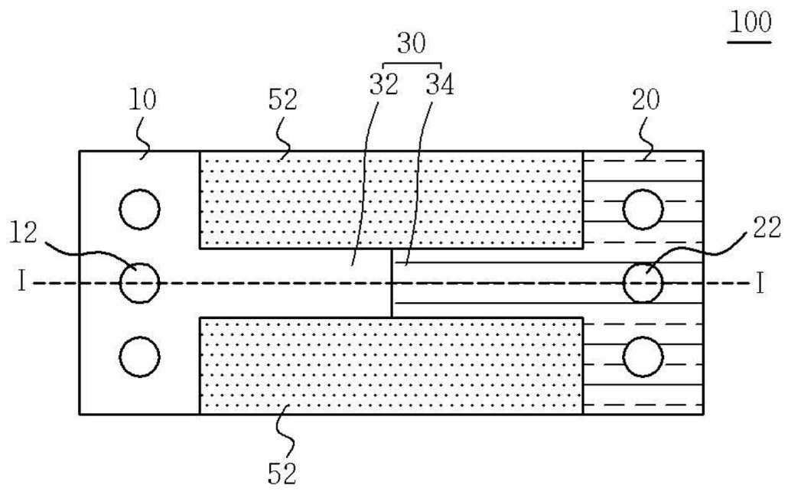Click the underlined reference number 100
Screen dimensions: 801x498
tap(750, 23)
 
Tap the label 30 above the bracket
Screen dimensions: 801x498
tap(412, 44)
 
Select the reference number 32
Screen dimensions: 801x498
tap(383, 84)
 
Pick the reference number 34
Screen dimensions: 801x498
tap(440, 84)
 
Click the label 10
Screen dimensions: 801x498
tap(142, 99)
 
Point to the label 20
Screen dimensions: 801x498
tap(646, 99)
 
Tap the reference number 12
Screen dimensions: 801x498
tap(24, 233)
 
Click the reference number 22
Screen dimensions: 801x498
tap(767, 226)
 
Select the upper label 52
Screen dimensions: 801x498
tap(282, 99)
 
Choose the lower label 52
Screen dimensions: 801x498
tap(282, 474)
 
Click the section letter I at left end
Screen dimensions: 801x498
tap(21, 281)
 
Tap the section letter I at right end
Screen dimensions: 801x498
tap(760, 283)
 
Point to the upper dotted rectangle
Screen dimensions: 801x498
tap(391, 200)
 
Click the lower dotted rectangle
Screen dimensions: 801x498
tap(391, 366)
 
